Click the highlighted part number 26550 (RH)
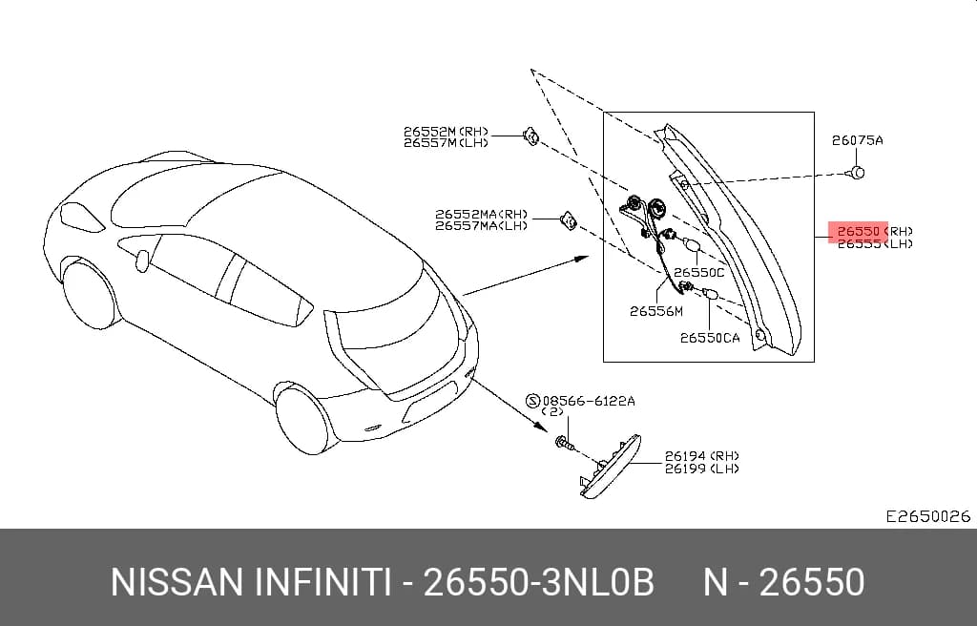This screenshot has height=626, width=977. click(875, 231)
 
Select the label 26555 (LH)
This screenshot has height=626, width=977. click(875, 243)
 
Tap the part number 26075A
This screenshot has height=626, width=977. click(858, 140)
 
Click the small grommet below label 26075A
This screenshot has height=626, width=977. click(858, 172)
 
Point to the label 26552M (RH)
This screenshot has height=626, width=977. click(447, 132)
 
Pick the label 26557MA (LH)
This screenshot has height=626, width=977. click(481, 226)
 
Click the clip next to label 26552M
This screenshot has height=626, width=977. click(531, 136)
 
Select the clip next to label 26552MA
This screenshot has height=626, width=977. click(569, 220)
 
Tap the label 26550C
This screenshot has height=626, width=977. click(699, 273)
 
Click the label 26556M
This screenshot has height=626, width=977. click(656, 311)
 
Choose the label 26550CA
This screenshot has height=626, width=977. click(710, 338)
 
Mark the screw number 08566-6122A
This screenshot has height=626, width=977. click(589, 401)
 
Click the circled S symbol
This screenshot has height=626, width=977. click(532, 401)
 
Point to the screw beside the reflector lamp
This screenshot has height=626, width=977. click(562, 444)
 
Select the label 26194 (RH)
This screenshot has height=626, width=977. click(701, 456)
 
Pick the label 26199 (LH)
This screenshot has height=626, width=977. click(701, 469)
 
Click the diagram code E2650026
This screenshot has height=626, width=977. click(928, 516)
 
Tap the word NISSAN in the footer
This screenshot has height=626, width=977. click(177, 582)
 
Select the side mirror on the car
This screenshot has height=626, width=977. click(143, 261)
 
